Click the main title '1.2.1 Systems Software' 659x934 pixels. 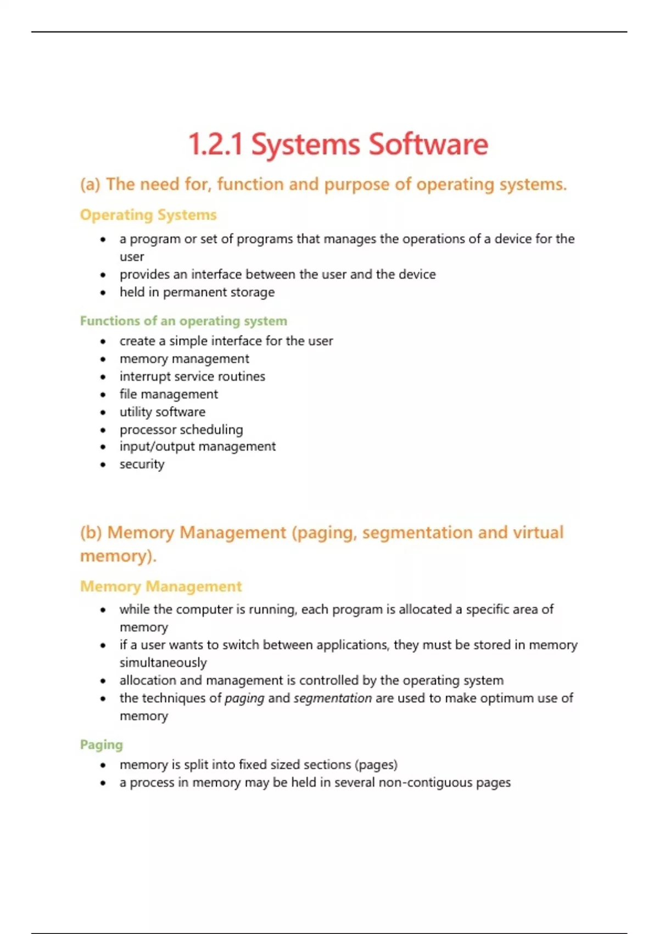click(x=338, y=144)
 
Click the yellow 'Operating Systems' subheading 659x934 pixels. click(x=148, y=215)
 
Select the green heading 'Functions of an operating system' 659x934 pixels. click(x=183, y=321)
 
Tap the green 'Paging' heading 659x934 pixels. click(x=102, y=745)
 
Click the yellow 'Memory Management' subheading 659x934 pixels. click(x=161, y=587)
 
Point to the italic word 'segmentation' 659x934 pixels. click(x=333, y=698)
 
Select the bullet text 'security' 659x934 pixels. click(x=142, y=465)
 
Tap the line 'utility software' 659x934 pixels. click(x=163, y=412)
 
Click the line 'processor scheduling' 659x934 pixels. click(x=181, y=430)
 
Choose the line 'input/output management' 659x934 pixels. click(x=198, y=447)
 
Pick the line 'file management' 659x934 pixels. click(x=169, y=394)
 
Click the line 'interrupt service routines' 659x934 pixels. click(x=192, y=377)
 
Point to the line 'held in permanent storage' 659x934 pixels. click(x=197, y=292)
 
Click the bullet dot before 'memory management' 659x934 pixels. click(x=103, y=360)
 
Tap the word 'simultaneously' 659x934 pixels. click(x=163, y=663)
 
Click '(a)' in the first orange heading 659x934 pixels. click(x=91, y=185)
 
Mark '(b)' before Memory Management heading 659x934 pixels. click(x=91, y=533)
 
